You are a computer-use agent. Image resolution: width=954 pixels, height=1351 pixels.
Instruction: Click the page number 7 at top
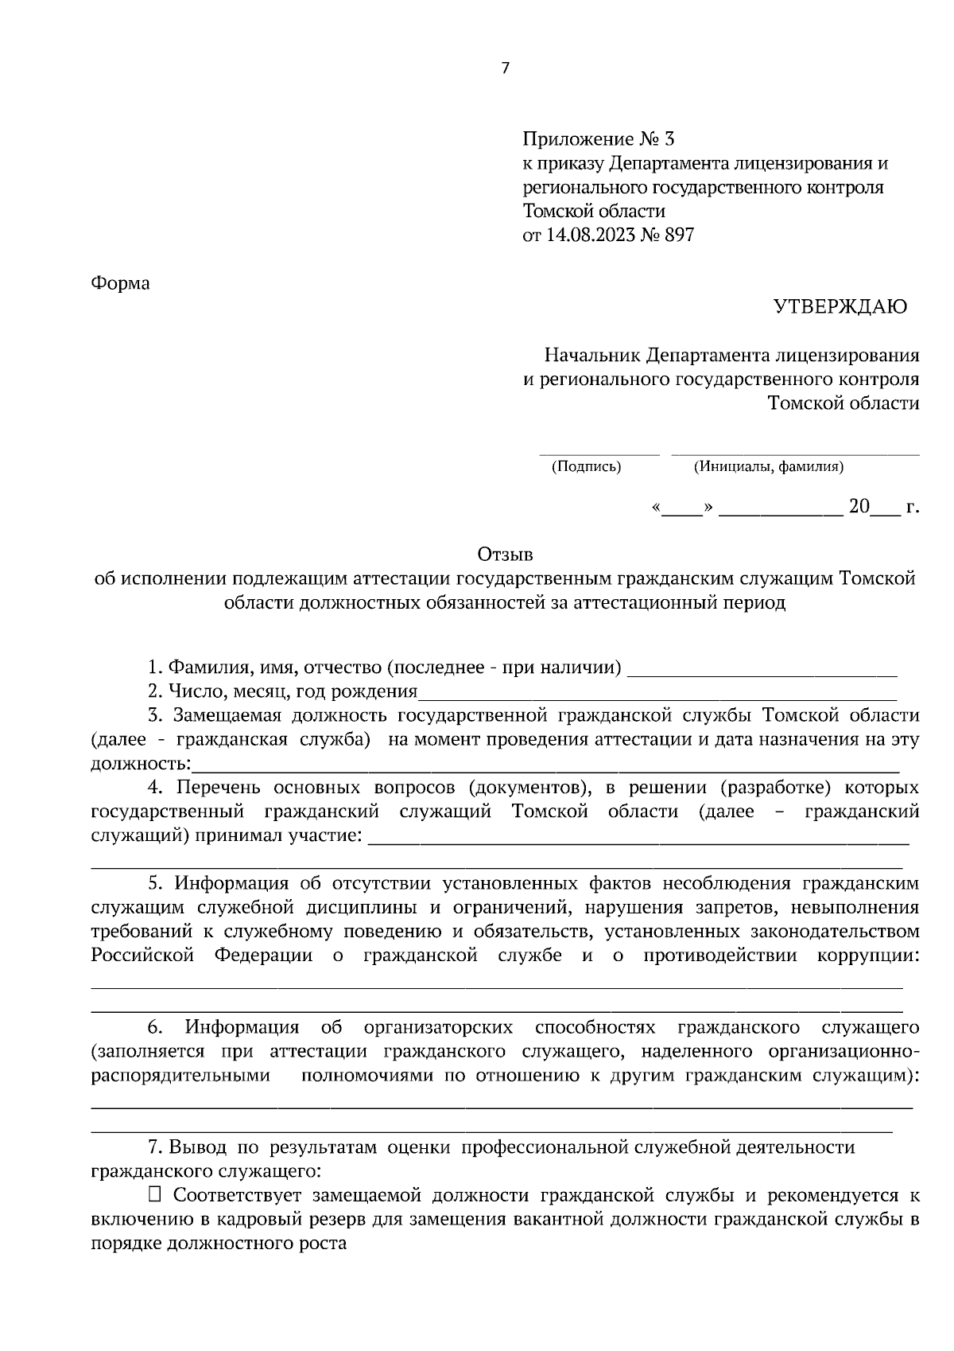(x=505, y=68)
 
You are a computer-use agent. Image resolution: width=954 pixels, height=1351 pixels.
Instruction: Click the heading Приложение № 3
(x=598, y=139)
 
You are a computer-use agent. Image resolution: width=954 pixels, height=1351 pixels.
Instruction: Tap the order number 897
(x=678, y=236)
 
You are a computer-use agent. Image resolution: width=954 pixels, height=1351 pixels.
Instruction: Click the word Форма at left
(x=121, y=283)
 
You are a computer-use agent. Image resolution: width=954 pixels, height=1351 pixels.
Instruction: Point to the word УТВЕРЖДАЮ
(x=841, y=307)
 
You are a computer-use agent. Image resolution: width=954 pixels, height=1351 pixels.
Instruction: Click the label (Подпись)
(x=586, y=467)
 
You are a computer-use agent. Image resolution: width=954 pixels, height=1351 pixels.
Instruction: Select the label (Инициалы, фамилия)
(x=769, y=467)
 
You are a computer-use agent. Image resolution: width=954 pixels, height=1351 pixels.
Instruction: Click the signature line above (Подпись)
(x=599, y=454)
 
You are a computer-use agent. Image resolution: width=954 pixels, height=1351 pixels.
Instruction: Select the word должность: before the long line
(x=141, y=765)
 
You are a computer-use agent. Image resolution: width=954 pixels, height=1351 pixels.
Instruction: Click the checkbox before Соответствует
(x=155, y=1194)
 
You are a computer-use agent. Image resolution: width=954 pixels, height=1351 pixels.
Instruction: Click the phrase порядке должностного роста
(x=219, y=1244)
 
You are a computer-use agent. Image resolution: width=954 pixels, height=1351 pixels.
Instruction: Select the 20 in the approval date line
(x=859, y=506)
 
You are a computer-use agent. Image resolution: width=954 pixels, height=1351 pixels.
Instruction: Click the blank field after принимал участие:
(x=639, y=837)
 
